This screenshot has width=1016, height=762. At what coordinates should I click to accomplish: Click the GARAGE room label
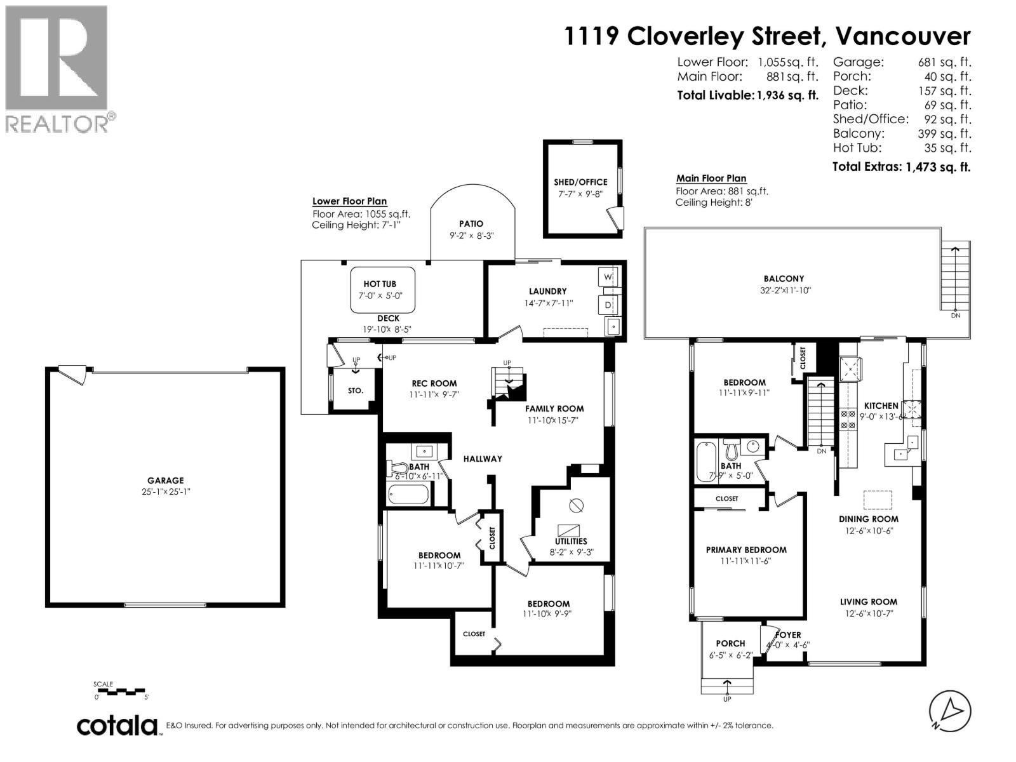tap(166, 481)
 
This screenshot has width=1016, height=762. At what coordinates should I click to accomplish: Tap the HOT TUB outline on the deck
tap(383, 290)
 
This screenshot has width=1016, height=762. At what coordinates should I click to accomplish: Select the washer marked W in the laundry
tap(608, 277)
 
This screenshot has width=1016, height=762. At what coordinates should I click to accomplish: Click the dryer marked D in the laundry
tap(608, 305)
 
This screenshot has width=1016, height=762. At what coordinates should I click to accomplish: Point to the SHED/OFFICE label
tap(580, 182)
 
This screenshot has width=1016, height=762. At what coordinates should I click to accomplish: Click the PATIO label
tap(471, 224)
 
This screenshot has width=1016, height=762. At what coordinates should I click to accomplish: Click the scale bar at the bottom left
tap(121, 691)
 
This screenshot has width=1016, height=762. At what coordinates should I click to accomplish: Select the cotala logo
tap(118, 725)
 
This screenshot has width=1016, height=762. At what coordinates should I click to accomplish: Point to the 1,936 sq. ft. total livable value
tap(787, 96)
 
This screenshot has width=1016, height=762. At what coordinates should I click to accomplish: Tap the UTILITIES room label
tap(571, 541)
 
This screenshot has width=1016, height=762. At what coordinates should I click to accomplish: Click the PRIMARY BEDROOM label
tap(746, 550)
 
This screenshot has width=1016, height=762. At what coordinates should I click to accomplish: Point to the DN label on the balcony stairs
tap(956, 316)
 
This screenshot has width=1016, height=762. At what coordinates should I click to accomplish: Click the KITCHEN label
tap(881, 406)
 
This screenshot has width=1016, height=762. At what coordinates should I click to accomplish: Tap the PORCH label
tap(730, 643)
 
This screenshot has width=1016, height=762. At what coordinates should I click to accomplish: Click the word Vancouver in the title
tap(902, 36)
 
